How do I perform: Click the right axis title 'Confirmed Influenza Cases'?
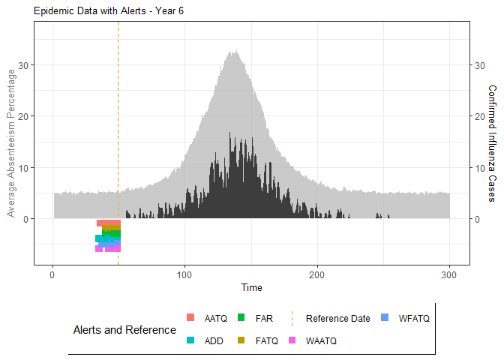click(x=492, y=142)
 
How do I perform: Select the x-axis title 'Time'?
click(x=251, y=287)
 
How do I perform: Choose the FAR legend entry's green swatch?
click(x=242, y=318)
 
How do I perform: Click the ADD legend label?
click(x=214, y=340)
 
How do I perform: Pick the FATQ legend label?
click(x=268, y=340)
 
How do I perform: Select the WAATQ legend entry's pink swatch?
click(x=293, y=340)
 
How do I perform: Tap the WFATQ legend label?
click(x=414, y=318)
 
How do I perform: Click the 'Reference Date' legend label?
click(x=337, y=318)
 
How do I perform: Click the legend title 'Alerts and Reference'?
click(x=124, y=329)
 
